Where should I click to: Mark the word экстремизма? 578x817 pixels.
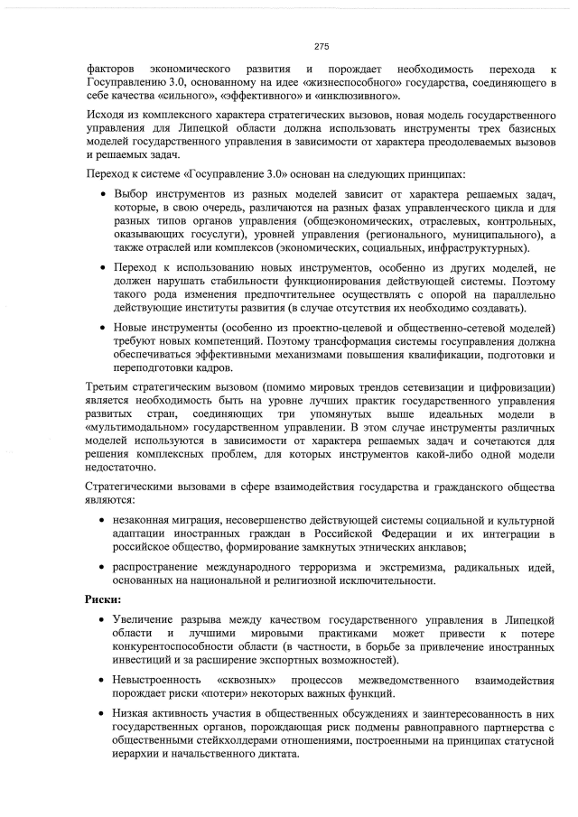pyautogui.click(x=423, y=566)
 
